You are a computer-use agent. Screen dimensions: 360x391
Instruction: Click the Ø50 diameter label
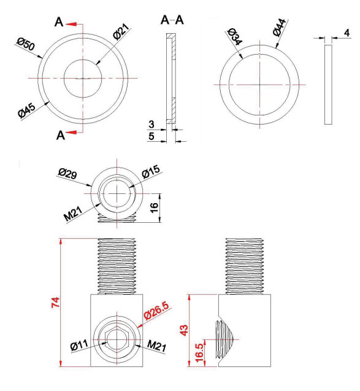26,44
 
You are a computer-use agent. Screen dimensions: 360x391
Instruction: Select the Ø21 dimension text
121,31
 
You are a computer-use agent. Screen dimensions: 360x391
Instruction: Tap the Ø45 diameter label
27,110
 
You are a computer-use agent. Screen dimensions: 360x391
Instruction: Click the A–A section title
172,20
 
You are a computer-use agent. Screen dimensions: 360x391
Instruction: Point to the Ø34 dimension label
235,36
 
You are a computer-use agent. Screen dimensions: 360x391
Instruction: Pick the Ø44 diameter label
279,28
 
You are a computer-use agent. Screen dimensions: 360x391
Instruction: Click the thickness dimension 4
347,33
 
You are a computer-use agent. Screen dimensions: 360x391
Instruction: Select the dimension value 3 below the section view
151,124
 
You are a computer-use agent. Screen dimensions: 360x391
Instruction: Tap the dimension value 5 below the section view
151,136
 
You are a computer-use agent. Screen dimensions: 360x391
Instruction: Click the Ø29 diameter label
67,173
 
